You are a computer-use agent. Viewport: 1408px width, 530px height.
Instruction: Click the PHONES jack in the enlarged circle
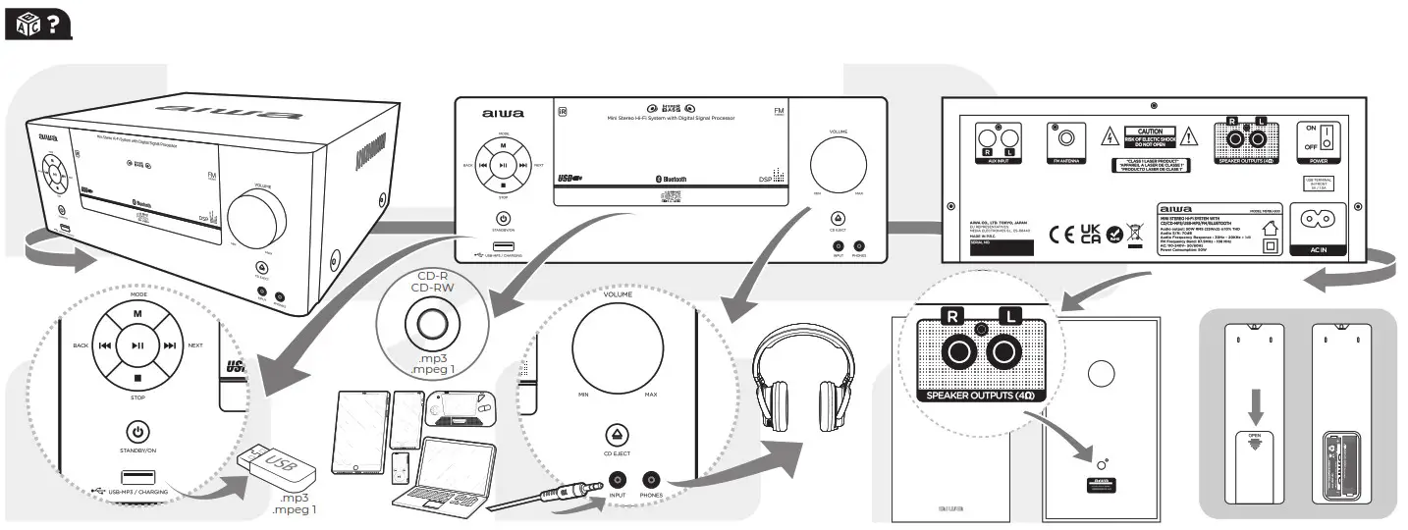pos(651,480)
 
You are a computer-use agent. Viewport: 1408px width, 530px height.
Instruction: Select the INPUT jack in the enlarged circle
pos(618,480)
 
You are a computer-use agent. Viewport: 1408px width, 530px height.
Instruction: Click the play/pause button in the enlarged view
pos(137,345)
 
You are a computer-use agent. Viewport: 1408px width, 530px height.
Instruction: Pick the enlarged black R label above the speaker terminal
pos(950,315)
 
